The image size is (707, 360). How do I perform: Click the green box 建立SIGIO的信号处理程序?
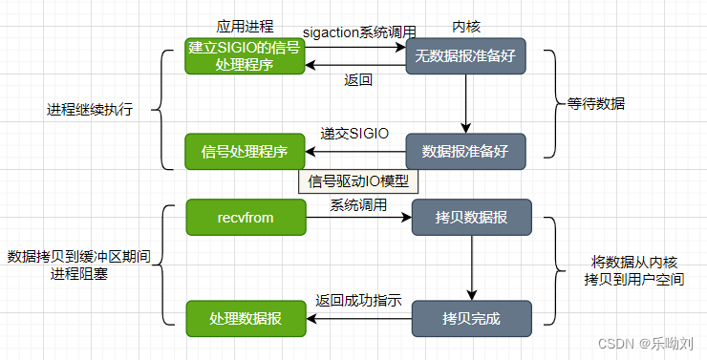[x=246, y=56]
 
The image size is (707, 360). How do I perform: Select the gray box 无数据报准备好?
[x=465, y=56]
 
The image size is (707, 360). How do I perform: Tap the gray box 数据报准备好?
[x=465, y=151]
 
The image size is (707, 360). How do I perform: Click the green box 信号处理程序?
[x=246, y=151]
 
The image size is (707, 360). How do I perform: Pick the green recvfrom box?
[x=246, y=218]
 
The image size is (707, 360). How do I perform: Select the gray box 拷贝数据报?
[x=471, y=218]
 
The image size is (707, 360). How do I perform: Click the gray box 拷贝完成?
[x=471, y=317]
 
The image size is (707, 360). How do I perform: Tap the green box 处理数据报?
[x=246, y=317]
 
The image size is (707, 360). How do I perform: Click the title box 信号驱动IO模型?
[x=360, y=180]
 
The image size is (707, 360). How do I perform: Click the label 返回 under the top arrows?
[x=357, y=79]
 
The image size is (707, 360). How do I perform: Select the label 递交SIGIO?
[x=354, y=133]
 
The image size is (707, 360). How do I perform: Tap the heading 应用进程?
[x=244, y=27]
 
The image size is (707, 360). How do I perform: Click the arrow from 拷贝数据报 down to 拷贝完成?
[x=471, y=267]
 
